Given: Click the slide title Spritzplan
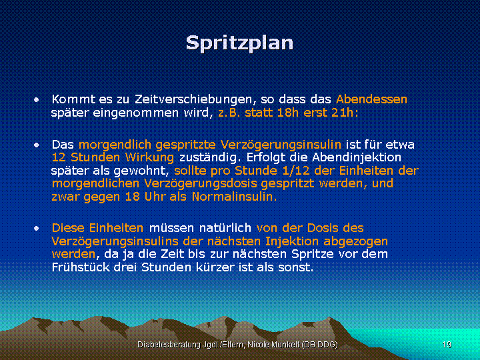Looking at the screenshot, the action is (x=240, y=43).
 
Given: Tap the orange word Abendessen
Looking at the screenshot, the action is (x=371, y=99).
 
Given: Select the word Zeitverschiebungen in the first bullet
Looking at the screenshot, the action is (x=193, y=99).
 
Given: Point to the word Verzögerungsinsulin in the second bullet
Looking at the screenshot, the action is (x=281, y=145).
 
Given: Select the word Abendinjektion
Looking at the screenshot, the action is (x=357, y=157).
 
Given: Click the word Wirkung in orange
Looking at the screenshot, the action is (x=150, y=157).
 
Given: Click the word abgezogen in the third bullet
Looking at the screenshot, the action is (x=356, y=241).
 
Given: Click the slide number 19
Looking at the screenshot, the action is (x=447, y=345).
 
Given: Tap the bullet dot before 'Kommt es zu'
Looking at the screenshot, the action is (x=37, y=99).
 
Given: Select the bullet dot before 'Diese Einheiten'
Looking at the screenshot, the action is (x=37, y=229).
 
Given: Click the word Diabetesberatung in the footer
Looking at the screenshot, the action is (x=169, y=345).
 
